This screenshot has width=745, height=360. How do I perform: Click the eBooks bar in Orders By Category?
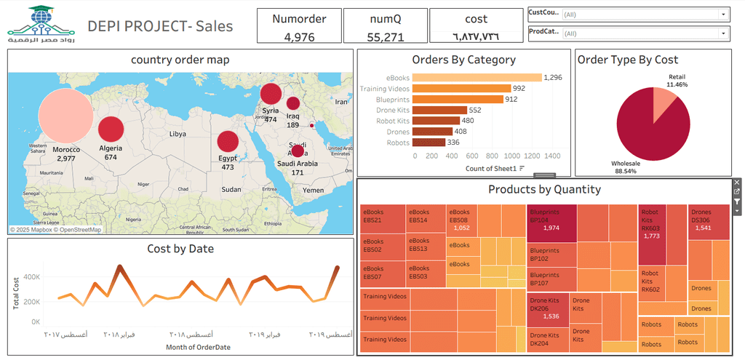point(477,78)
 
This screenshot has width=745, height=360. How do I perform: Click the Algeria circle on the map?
point(111,129)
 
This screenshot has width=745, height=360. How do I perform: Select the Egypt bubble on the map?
point(228,140)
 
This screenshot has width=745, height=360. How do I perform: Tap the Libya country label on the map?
point(178,135)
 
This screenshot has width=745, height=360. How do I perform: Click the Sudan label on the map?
point(231,189)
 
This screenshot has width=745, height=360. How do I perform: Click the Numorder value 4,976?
point(298,36)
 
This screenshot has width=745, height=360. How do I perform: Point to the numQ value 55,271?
point(385,36)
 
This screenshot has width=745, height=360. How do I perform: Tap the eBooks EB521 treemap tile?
point(383,217)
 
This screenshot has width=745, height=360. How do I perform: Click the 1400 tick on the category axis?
point(552,156)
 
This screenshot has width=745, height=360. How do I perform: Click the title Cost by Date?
point(180,249)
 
